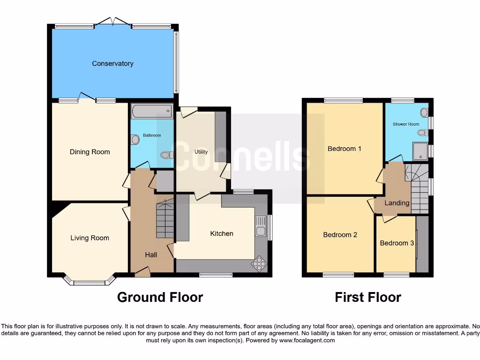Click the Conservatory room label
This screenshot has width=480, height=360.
click(x=112, y=64)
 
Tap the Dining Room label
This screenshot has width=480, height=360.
click(x=90, y=152)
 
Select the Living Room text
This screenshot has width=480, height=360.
click(x=90, y=238)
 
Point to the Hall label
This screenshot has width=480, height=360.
click(x=151, y=255)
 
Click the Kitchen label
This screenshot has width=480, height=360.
click(x=221, y=233)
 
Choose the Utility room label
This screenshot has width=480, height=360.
click(x=201, y=152)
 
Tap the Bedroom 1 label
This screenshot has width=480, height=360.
click(x=344, y=149)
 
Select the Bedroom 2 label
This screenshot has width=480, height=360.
click(x=340, y=235)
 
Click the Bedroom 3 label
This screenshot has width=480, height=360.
click(x=397, y=243)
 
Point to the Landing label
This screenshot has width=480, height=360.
click(x=397, y=203)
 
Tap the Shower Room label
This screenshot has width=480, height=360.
click(x=406, y=124)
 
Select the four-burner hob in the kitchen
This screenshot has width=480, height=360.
click(x=258, y=264)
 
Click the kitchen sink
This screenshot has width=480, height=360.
click(x=260, y=227)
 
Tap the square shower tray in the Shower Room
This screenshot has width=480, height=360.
click(x=420, y=150)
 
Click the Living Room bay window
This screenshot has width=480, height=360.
click(x=89, y=281)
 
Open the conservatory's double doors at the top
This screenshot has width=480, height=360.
click(x=112, y=21)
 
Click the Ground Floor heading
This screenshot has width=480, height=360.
click(x=160, y=297)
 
